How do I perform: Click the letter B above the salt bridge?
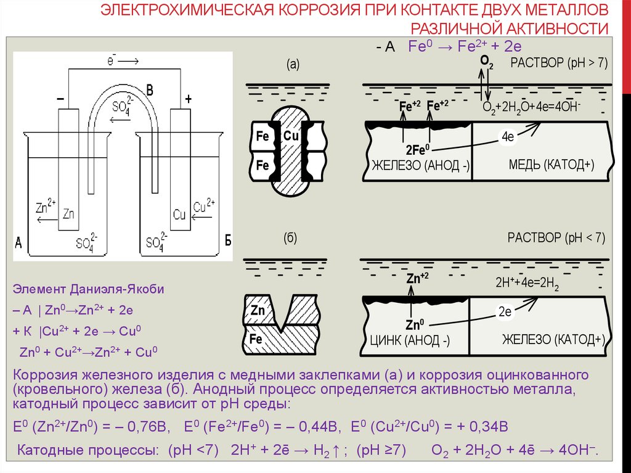click(149, 91)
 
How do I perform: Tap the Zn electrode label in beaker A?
click(68, 214)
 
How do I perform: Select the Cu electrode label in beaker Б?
click(179, 215)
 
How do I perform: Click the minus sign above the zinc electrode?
click(60, 99)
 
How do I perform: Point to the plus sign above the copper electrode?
click(188, 99)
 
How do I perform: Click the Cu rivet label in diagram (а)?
click(291, 136)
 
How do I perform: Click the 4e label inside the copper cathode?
click(508, 137)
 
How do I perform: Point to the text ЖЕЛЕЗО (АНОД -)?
click(420, 166)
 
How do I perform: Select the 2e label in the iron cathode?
click(505, 312)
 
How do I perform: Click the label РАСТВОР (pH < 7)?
click(557, 237)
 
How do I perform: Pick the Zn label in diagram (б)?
click(258, 310)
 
